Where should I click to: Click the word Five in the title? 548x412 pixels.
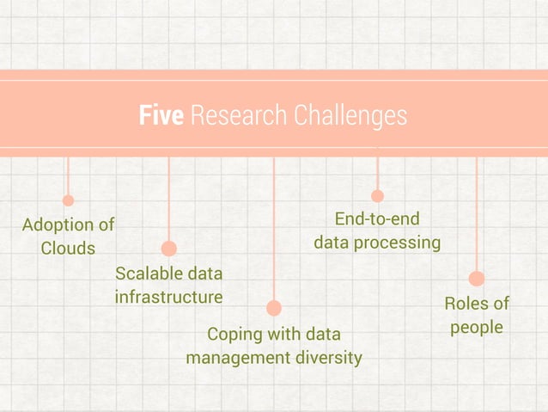tap(161, 115)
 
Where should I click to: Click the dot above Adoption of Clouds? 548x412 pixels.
tap(68, 200)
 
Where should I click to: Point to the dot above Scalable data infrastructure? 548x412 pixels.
tap(168, 249)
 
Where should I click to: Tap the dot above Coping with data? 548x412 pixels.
tap(274, 308)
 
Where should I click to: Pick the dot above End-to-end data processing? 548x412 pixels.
tap(377, 196)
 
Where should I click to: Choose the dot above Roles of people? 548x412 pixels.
tap(477, 279)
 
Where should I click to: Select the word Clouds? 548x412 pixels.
tap(68, 249)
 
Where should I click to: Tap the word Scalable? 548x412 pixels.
tap(148, 274)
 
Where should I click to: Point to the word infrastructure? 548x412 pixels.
tap(168, 298)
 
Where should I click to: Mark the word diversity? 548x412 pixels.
tap(328, 357)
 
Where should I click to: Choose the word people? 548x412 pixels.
tap(477, 328)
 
